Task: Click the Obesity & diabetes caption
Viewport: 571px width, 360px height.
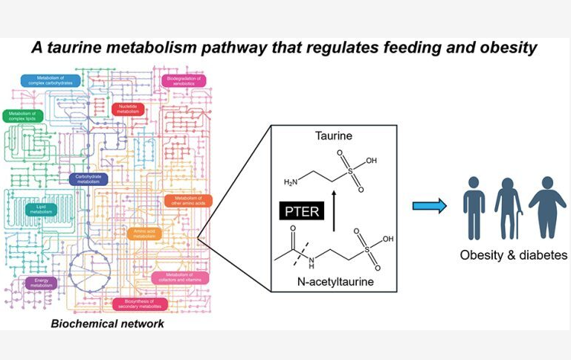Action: tap(513, 255)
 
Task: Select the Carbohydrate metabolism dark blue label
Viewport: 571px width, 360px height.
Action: tap(88, 179)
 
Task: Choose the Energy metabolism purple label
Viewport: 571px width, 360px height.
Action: tap(41, 283)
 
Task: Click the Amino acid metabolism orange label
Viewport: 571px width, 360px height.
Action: tap(143, 234)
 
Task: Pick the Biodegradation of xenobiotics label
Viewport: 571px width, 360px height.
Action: tap(184, 80)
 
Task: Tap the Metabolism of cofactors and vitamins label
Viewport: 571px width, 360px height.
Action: tap(181, 277)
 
